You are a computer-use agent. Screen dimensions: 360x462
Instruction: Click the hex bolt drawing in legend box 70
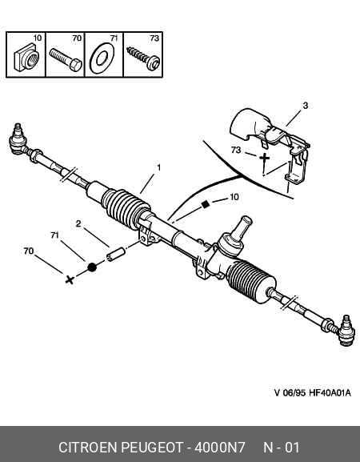pyautogui.click(x=66, y=59)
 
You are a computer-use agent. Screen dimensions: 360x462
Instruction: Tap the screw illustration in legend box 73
pyautogui.click(x=143, y=58)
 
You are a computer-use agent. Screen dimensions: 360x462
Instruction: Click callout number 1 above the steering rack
pyautogui.click(x=159, y=167)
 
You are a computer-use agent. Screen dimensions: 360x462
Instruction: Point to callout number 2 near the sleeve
pyautogui.click(x=78, y=223)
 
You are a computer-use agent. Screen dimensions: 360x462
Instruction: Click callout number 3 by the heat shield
pyautogui.click(x=306, y=106)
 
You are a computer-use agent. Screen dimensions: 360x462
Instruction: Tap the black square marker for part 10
pyautogui.click(x=205, y=204)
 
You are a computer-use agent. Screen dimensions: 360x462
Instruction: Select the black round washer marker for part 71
pyautogui.click(x=92, y=267)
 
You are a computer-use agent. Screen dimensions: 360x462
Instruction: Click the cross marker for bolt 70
pyautogui.click(x=70, y=279)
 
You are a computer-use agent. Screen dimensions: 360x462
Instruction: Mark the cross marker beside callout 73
pyautogui.click(x=264, y=158)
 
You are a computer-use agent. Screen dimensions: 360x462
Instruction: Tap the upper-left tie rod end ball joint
pyautogui.click(x=18, y=139)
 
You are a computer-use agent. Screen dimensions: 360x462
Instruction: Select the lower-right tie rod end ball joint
pyautogui.click(x=346, y=331)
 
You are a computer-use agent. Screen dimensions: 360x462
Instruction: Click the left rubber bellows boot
pyautogui.click(x=125, y=208)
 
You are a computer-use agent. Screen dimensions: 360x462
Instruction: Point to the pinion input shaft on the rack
pyautogui.click(x=242, y=227)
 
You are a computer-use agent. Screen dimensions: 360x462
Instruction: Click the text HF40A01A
pyautogui.click(x=330, y=393)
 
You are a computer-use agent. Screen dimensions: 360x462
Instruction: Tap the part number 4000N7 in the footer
pyautogui.click(x=219, y=448)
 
